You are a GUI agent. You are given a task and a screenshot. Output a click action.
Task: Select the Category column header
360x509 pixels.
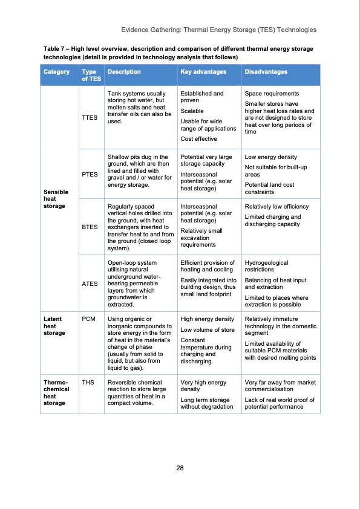coord(56,72)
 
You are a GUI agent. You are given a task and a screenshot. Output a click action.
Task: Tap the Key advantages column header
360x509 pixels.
coord(203,72)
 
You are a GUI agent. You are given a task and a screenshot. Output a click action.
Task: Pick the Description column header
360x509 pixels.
coord(123,72)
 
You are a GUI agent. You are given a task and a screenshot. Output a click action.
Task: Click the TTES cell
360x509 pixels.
coord(90,118)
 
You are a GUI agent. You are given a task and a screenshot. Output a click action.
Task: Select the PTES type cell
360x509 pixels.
coord(90,174)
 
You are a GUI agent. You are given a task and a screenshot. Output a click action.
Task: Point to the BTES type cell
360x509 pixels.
coord(90,228)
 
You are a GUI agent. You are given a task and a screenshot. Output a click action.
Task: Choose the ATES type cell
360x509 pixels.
coord(90,283)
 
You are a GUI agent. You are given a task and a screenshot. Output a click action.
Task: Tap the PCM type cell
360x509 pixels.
coord(88,319)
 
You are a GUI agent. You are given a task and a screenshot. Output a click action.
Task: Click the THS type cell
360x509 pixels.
coord(88,382)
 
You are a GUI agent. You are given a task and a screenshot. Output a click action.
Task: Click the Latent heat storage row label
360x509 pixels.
coord(53,326)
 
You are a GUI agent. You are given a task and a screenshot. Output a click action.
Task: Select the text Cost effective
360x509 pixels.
coord(200,139)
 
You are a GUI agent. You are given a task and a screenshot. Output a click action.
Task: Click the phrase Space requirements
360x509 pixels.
coord(271,94)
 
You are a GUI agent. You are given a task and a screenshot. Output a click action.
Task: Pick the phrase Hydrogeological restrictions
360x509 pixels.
coord(266,267)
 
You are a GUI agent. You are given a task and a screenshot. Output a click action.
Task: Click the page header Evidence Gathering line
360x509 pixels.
coord(218,29)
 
